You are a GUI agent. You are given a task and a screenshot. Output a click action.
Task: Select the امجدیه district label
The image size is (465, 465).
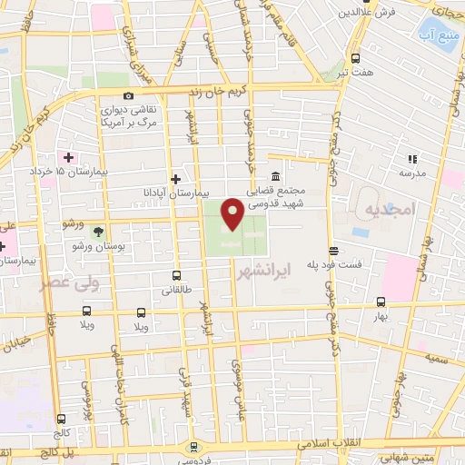(x=390, y=210)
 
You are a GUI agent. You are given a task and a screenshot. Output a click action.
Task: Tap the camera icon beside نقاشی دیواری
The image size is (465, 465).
(x=128, y=95)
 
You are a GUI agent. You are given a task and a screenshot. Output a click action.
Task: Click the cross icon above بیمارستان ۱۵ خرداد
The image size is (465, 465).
(x=68, y=156)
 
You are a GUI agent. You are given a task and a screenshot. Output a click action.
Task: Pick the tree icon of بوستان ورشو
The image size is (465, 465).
(x=99, y=231)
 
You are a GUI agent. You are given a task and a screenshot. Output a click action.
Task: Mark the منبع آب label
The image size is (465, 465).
(x=436, y=36)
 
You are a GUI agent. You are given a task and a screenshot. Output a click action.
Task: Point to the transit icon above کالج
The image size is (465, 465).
(x=61, y=420)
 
